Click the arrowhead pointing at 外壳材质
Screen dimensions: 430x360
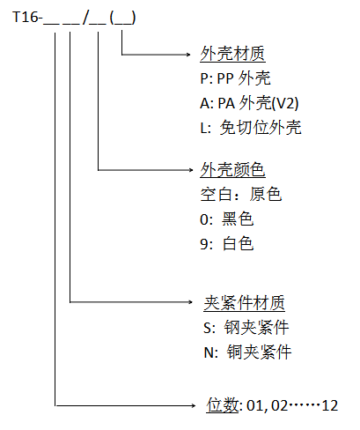189,55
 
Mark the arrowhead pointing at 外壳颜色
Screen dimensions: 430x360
189,169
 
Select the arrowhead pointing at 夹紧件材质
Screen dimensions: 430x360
189,303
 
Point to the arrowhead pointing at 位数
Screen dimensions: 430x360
189,405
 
